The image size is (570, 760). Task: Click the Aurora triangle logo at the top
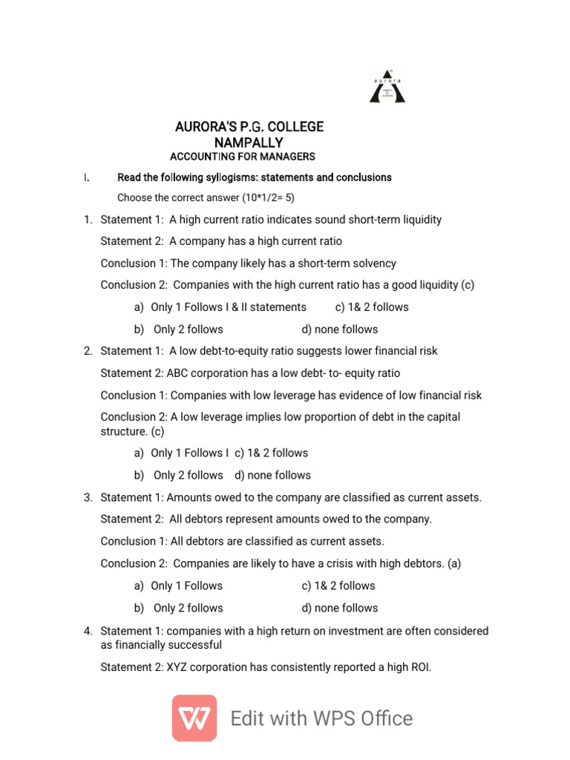tap(387, 86)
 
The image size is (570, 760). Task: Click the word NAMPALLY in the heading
tap(249, 142)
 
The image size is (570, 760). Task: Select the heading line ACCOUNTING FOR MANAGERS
tap(243, 157)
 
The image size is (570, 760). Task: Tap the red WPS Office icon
tap(194, 718)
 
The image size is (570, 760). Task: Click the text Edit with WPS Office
tap(321, 718)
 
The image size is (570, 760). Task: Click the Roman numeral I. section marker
tap(87, 178)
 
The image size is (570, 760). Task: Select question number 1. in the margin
tap(88, 220)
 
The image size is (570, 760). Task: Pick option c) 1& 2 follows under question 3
tap(338, 586)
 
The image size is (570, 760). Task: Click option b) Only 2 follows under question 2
tap(179, 475)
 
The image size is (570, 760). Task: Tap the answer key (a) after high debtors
tap(453, 563)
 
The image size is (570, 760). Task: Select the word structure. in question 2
tap(124, 431)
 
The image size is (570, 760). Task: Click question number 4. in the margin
tap(88, 631)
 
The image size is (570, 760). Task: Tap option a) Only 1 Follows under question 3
tap(178, 586)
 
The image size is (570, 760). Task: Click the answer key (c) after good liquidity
tap(467, 285)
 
